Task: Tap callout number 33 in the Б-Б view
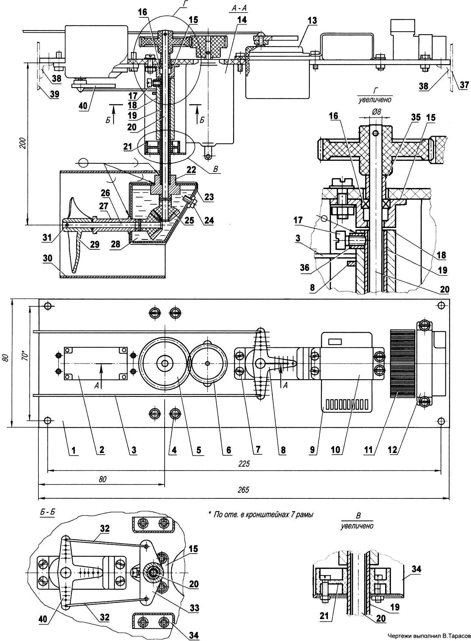(195, 608)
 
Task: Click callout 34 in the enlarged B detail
(416, 569)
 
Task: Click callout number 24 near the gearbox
(209, 221)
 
